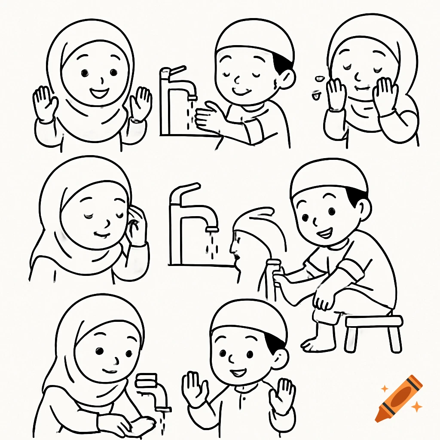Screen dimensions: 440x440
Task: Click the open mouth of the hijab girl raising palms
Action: (100, 92)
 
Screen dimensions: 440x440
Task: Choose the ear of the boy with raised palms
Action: (280, 358)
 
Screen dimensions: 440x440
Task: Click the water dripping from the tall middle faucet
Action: (211, 247)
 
